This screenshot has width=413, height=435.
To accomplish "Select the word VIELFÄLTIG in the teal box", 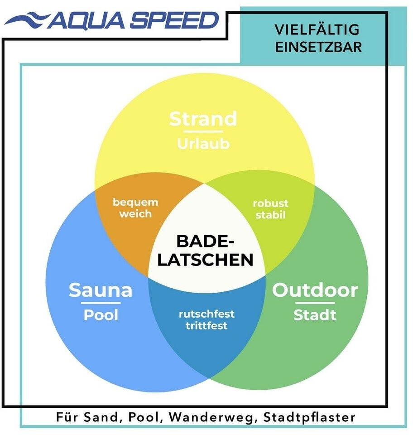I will (x=317, y=30).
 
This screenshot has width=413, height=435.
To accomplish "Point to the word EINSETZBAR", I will (x=318, y=47).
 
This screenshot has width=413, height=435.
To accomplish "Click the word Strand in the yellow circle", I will (x=203, y=119).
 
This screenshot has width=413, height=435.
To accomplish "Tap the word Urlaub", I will (x=203, y=144).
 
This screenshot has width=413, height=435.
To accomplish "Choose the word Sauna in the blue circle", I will (x=100, y=290).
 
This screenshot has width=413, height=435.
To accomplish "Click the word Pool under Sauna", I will (x=100, y=315).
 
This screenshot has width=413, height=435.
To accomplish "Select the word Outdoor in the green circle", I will (x=315, y=290).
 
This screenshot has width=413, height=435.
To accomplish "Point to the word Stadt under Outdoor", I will (x=315, y=315).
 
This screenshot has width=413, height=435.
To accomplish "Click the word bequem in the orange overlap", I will (x=135, y=202).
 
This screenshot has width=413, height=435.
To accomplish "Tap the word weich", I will (x=135, y=213).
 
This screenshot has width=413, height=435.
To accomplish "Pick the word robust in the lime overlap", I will (x=270, y=203).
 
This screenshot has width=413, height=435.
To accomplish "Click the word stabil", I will (x=270, y=215).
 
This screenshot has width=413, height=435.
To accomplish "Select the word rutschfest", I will (x=206, y=314).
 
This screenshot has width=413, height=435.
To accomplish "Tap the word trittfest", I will (x=206, y=325).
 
